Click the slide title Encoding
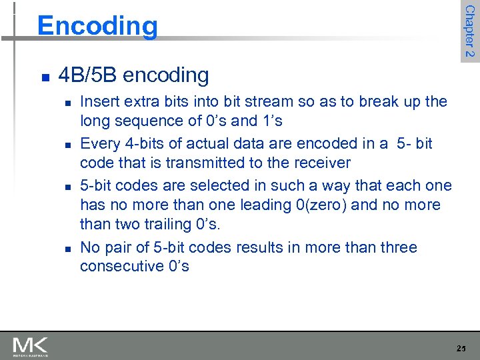click(x=97, y=26)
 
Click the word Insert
click(x=96, y=102)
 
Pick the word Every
click(x=99, y=144)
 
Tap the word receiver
click(x=321, y=163)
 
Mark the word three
click(x=397, y=248)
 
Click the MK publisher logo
click(x=30, y=346)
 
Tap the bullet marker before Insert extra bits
click(x=66, y=103)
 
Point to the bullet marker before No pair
click(x=66, y=249)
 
